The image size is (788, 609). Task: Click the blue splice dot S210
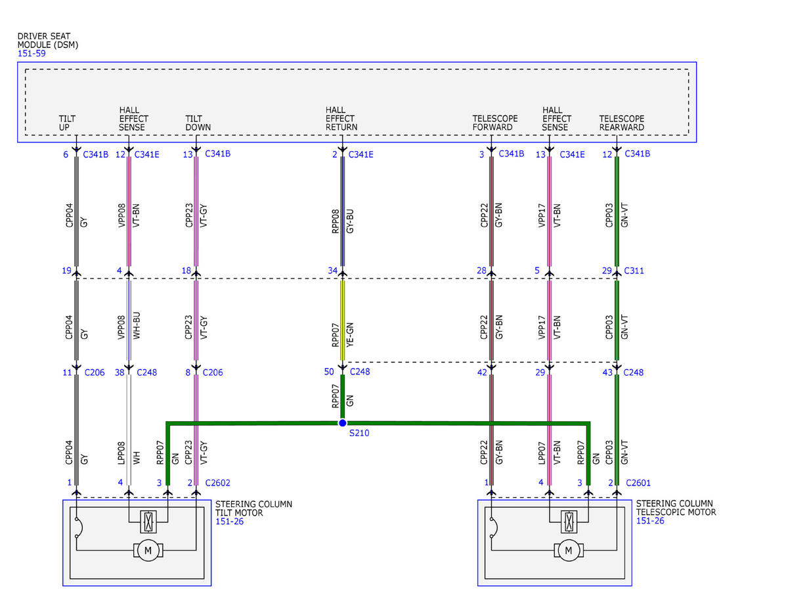pos(342,423)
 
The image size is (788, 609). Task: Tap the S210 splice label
pos(359,433)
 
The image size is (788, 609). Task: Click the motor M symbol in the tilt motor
pos(148,551)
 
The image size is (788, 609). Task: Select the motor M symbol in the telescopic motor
pos(569,551)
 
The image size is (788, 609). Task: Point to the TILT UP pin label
pos(67,123)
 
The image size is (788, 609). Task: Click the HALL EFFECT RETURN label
pos(341,119)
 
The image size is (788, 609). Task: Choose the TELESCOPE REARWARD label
pos(622,123)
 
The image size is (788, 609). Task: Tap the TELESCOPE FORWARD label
pos(495,123)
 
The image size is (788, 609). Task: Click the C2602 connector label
pos(217,483)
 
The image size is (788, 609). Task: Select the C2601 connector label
pos(638,483)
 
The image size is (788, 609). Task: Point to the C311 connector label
pos(634,271)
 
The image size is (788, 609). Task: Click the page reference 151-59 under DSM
pos(32,53)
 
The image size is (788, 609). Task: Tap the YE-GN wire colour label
pos(350,335)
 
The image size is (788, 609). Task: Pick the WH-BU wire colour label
pos(137,326)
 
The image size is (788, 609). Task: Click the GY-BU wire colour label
pos(350,221)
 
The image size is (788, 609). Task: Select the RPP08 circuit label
pos(336,221)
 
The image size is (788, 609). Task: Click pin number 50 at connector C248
pos(329,372)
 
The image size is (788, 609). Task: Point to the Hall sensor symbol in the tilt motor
pos(148,522)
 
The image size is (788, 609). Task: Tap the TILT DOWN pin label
pos(198,123)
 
